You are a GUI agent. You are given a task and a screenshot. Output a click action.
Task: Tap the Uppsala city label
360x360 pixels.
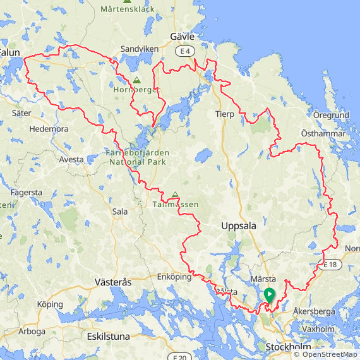pyautogui.click(x=239, y=226)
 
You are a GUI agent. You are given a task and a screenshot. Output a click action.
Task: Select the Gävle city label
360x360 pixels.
pyautogui.click(x=182, y=37)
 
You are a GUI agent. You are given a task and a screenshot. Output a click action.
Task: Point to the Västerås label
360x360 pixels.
pyautogui.click(x=112, y=282)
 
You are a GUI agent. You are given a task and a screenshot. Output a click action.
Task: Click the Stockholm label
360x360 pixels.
pyautogui.click(x=288, y=347)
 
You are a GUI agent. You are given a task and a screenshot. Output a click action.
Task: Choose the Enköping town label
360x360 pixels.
pyautogui.click(x=174, y=277)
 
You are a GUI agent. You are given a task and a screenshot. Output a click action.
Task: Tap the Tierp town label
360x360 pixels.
pyautogui.click(x=224, y=114)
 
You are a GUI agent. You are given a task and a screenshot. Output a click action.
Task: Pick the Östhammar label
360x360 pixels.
pyautogui.click(x=323, y=133)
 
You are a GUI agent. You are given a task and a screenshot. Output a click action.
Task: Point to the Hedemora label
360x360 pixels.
pyautogui.click(x=49, y=129)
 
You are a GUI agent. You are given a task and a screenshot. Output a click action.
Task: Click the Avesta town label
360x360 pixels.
pyautogui.click(x=71, y=160)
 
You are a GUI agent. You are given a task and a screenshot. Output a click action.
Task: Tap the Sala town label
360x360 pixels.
pyautogui.click(x=119, y=212)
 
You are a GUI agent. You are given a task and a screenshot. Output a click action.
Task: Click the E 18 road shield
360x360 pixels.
pyautogui.click(x=331, y=265)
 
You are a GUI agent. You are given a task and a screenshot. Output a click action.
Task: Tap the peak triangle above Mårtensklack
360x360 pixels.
pyautogui.click(x=127, y=1)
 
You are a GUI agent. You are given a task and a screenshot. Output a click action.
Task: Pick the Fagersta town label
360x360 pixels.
pyautogui.click(x=27, y=192)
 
